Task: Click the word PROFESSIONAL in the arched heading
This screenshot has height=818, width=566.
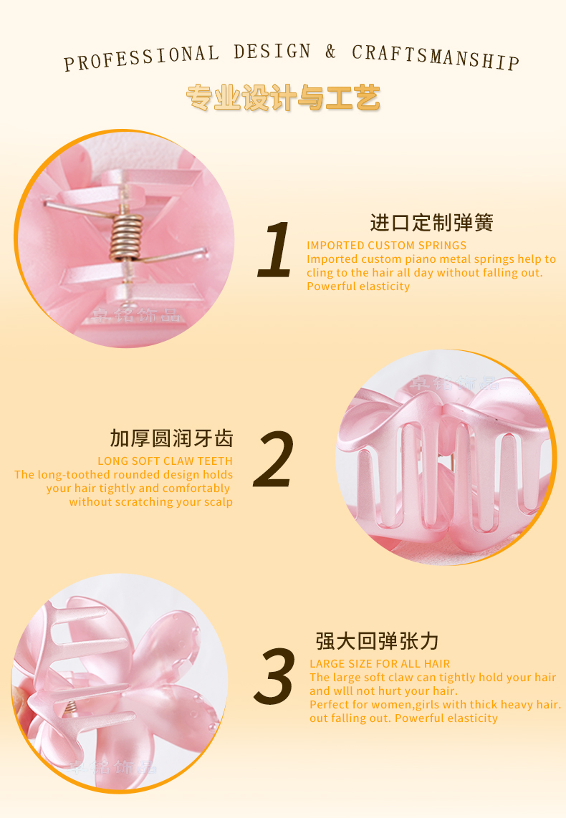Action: pyautogui.click(x=141, y=58)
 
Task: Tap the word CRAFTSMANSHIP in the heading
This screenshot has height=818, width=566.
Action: pyautogui.click(x=436, y=57)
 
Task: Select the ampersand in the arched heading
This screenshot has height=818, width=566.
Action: pyautogui.click(x=331, y=52)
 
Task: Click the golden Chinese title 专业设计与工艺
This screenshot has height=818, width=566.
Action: pyautogui.click(x=283, y=97)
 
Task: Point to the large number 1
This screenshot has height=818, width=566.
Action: pyautogui.click(x=275, y=249)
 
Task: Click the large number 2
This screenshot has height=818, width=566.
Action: pyautogui.click(x=274, y=459)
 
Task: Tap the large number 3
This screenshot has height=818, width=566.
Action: pyautogui.click(x=274, y=676)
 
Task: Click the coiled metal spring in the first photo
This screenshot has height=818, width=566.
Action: pyautogui.click(x=125, y=237)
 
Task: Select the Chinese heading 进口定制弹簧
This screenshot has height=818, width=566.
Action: pyautogui.click(x=431, y=223)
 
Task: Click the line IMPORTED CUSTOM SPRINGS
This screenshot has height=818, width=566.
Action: pyautogui.click(x=387, y=245)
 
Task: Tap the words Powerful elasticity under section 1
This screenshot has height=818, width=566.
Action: pyautogui.click(x=358, y=287)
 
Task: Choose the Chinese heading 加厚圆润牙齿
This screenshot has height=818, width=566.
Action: pyautogui.click(x=171, y=439)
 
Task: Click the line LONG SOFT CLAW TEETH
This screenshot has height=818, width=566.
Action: pyautogui.click(x=165, y=461)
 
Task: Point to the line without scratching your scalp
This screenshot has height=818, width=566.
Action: pyautogui.click(x=150, y=502)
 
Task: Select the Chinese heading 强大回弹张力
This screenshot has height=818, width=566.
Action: pyautogui.click(x=377, y=641)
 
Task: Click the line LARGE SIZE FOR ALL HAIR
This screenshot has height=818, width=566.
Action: pyautogui.click(x=380, y=663)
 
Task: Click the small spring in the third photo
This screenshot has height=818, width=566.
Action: pyautogui.click(x=70, y=708)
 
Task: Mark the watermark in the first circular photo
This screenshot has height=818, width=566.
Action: pyautogui.click(x=135, y=314)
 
